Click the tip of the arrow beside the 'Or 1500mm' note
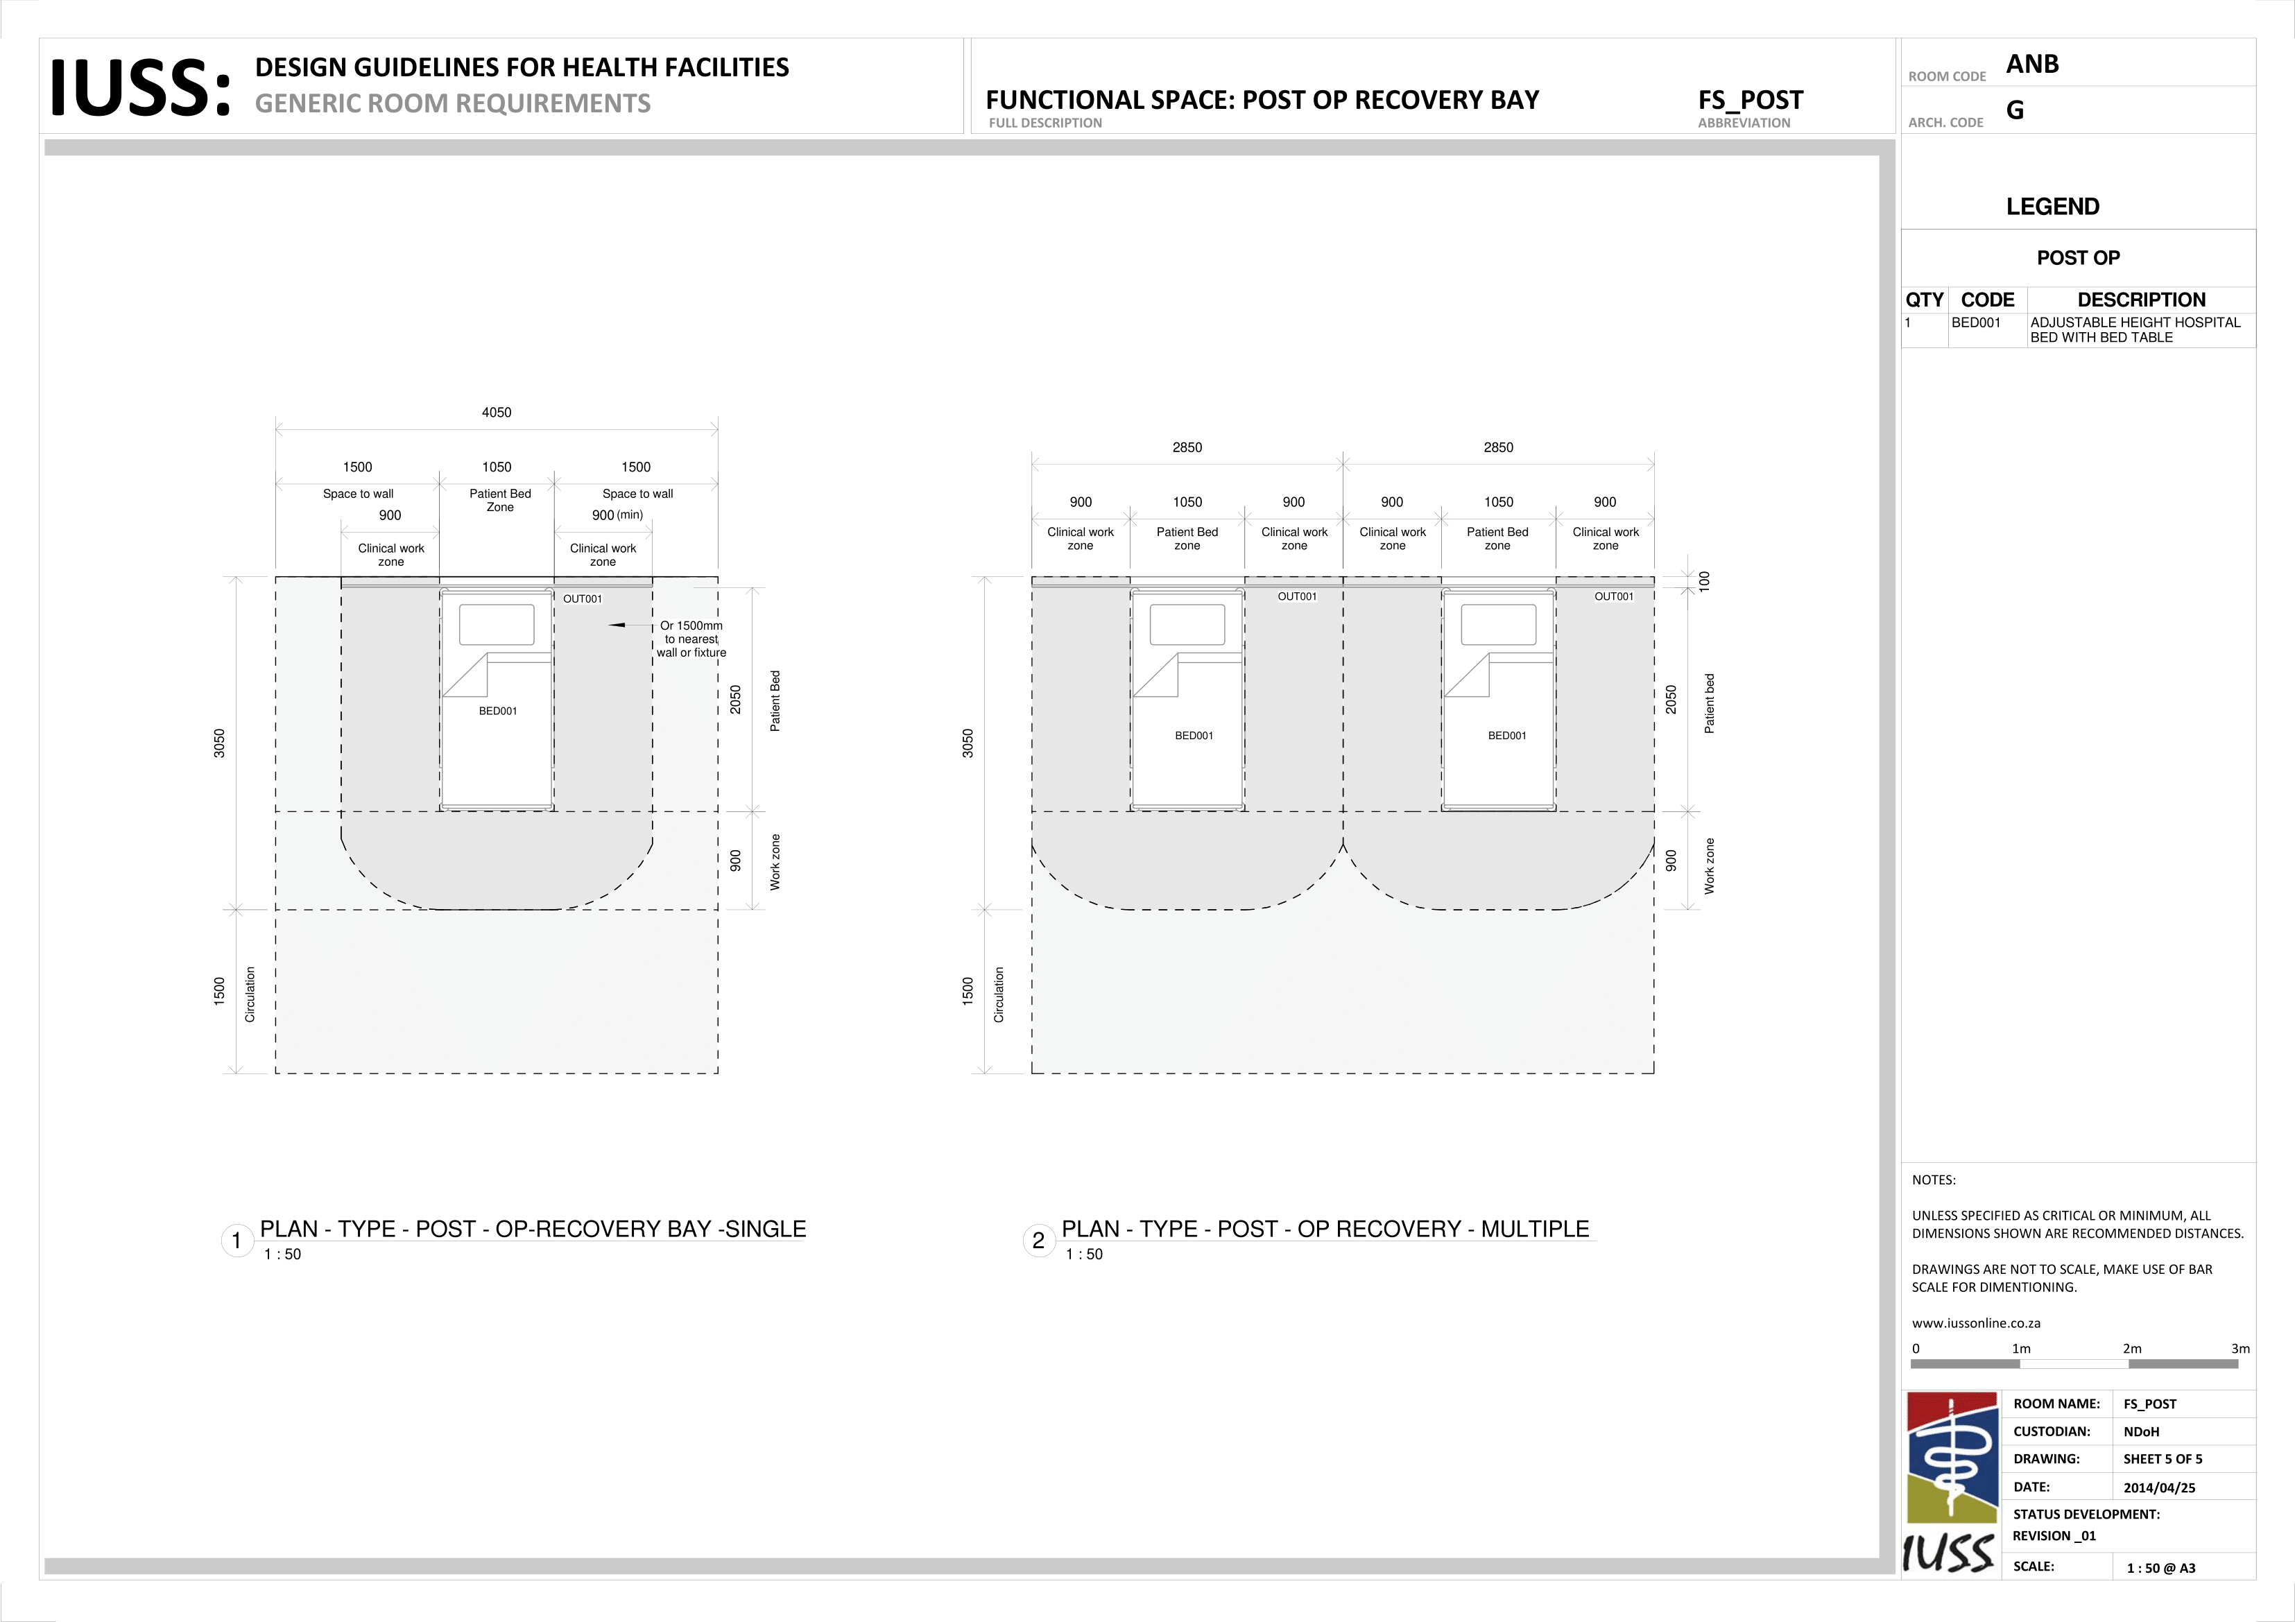point(609,625)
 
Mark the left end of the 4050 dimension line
point(276,430)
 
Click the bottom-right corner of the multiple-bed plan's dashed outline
point(1654,1073)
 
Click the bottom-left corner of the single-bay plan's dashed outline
point(276,1073)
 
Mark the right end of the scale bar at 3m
point(2238,1363)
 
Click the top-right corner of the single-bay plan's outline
point(718,577)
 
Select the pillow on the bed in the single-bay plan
point(497,625)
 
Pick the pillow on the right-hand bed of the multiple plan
point(1498,625)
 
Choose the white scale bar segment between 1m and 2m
point(2074,1363)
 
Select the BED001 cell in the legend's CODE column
point(1976,322)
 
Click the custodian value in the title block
point(2141,1431)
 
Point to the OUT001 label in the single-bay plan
point(583,598)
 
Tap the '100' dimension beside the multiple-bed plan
point(1705,580)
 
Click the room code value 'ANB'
point(2032,64)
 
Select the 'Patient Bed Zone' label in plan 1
point(500,501)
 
